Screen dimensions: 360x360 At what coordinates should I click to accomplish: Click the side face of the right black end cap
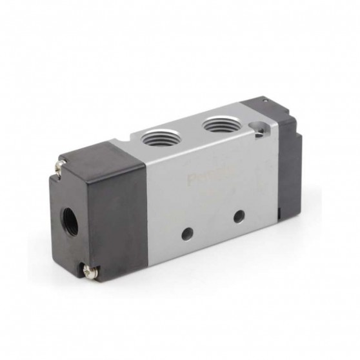point(287,168)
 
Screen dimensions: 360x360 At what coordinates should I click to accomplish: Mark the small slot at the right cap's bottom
point(279,211)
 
